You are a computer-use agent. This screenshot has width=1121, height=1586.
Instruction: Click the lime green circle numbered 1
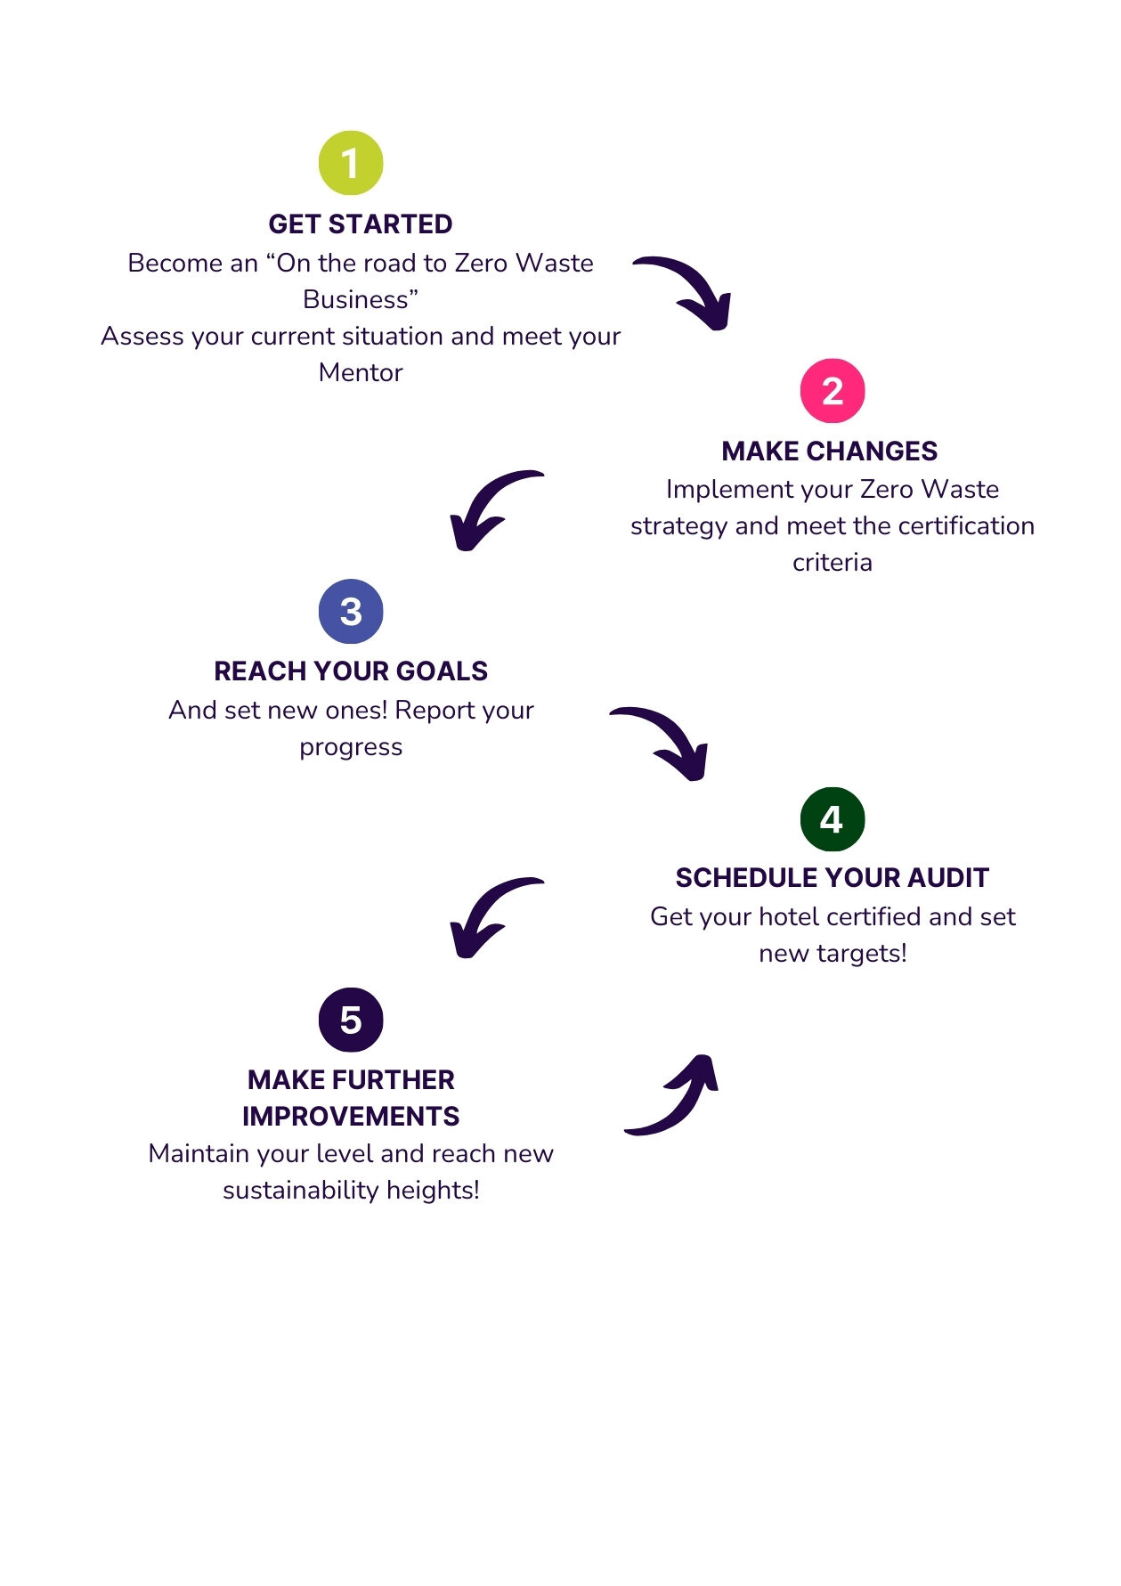[351, 163]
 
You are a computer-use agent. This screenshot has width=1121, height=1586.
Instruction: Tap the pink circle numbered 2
[833, 391]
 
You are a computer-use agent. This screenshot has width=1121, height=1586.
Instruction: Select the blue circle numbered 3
[351, 612]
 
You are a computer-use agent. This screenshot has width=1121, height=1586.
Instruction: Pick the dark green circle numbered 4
[833, 819]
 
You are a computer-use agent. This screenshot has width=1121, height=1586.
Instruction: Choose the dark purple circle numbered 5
[351, 1020]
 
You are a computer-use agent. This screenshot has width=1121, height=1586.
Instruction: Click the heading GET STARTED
[361, 224]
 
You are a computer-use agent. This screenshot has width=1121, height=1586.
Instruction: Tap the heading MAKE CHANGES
[830, 451]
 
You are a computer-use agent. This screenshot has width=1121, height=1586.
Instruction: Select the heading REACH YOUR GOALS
[351, 671]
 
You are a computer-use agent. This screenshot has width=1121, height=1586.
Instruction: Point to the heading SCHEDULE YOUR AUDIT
[833, 878]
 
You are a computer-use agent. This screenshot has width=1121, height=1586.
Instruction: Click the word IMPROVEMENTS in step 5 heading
[351, 1117]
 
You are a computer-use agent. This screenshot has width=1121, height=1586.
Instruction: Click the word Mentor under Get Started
[361, 373]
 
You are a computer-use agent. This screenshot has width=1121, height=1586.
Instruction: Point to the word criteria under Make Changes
[833, 563]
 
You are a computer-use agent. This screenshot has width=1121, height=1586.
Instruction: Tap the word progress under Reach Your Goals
[351, 748]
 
